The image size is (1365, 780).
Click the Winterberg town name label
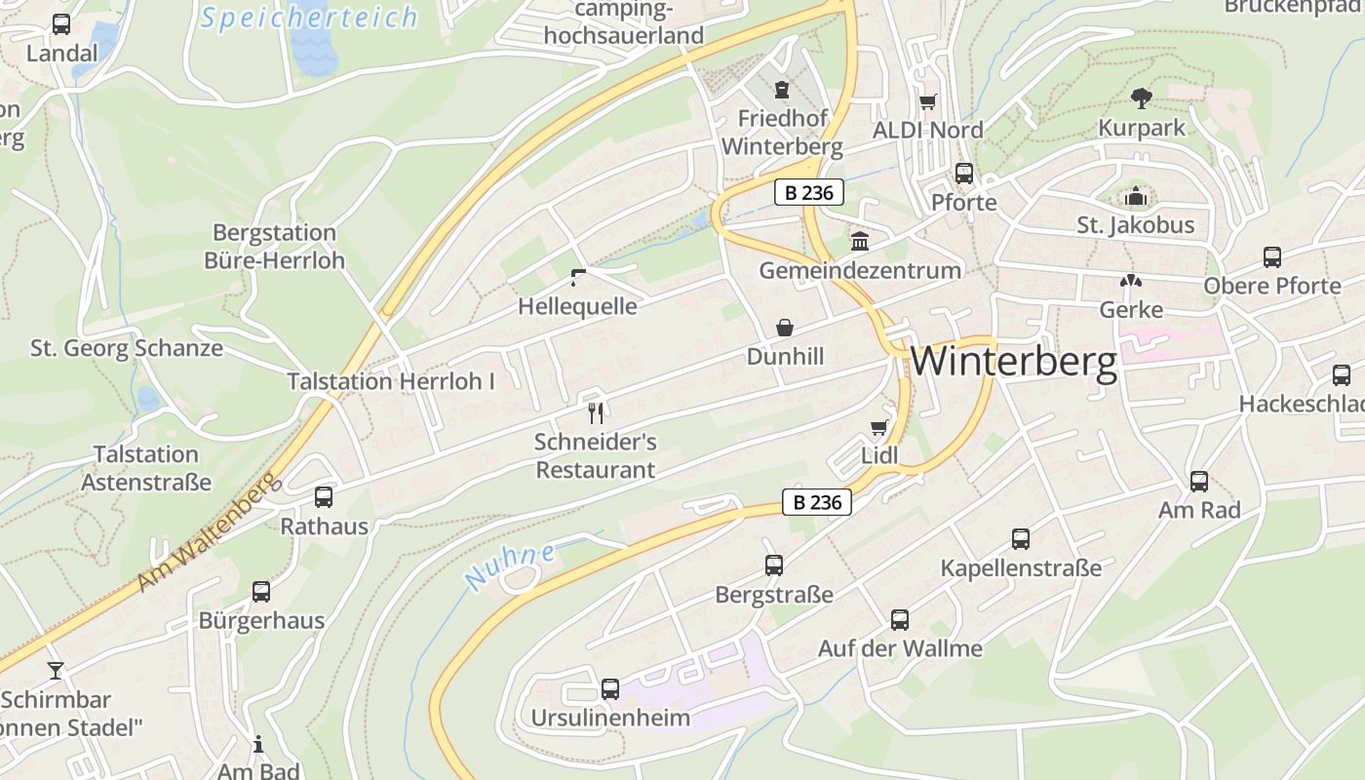coord(1014,362)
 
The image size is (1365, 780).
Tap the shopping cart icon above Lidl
coord(878,427)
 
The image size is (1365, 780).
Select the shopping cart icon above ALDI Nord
coord(927,101)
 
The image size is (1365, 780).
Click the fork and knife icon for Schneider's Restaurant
coord(596,413)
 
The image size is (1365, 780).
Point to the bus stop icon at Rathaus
coord(324,497)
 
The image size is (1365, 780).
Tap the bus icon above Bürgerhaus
coord(261,591)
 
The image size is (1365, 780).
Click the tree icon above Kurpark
coord(1142,97)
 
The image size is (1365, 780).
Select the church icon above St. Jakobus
coord(1135,197)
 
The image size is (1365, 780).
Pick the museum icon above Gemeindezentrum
coord(860,241)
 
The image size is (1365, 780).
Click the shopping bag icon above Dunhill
coord(785,328)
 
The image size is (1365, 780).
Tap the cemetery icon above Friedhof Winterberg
coord(781,90)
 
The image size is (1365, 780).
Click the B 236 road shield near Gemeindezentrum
coord(809,192)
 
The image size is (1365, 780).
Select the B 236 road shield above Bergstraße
coord(817,502)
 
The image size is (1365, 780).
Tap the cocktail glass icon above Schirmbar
coord(56,670)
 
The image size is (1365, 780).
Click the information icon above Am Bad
coord(258,745)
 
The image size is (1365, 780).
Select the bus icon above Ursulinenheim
coord(610,688)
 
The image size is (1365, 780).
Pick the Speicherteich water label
coord(309,18)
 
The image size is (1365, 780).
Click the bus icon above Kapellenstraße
coord(1021,538)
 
